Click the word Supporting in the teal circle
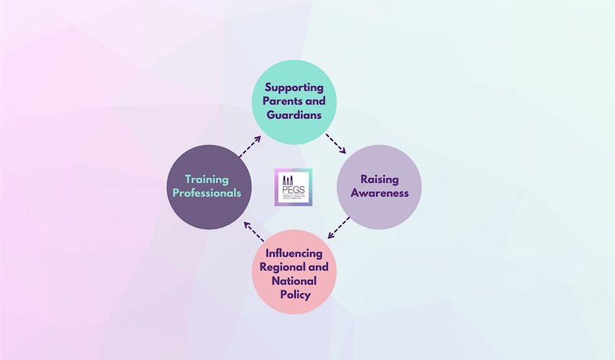[294, 88]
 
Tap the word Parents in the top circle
[280, 101]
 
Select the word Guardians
[294, 115]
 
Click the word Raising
[379, 179]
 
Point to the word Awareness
[379, 193]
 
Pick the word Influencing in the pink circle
[294, 253]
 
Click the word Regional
[281, 267]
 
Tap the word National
[294, 281]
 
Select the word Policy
[294, 295]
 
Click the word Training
[207, 180]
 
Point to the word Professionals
[207, 193]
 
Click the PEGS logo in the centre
[293, 187]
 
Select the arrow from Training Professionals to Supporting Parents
[249, 146]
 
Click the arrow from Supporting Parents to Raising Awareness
[336, 143]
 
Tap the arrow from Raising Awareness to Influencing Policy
[339, 227]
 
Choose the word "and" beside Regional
[318, 267]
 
